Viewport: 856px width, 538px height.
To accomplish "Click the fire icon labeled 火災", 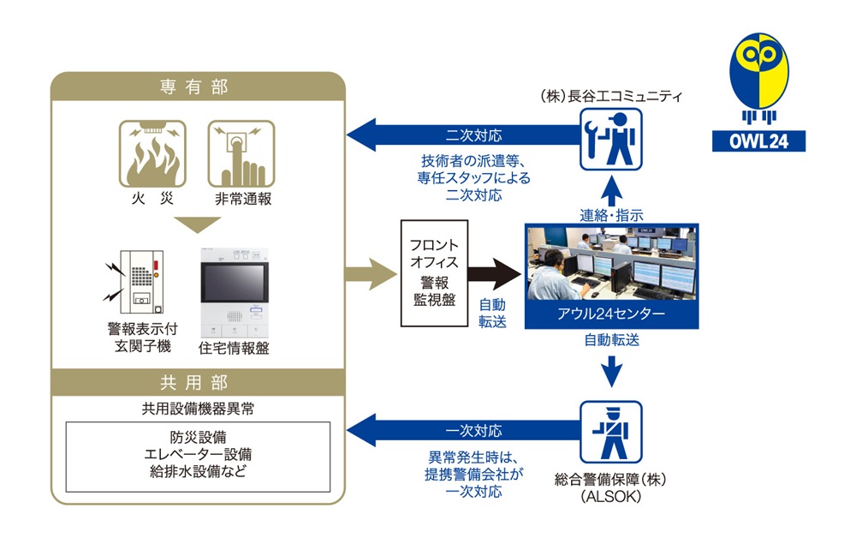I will [152, 154].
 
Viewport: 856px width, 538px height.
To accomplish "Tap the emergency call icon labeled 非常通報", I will [241, 154].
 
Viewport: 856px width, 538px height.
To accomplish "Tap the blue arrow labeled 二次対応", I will [462, 135].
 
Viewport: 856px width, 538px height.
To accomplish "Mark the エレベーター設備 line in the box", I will [198, 452].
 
